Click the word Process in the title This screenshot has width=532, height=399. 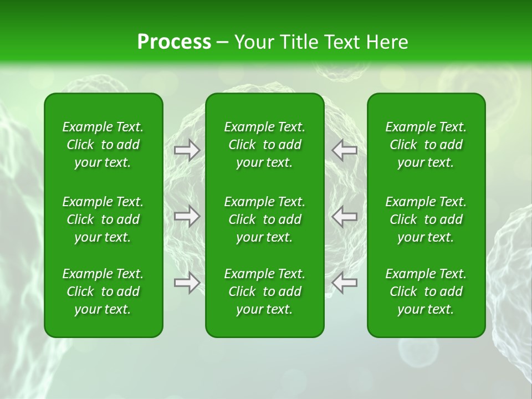click(174, 42)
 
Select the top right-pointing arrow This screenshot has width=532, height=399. click(187, 150)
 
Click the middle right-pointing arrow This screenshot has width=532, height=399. click(187, 216)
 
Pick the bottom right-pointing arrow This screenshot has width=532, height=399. click(187, 283)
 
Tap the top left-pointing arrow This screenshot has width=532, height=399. click(345, 150)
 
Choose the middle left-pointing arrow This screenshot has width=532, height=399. click(345, 216)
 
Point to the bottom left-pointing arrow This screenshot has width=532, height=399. click(345, 283)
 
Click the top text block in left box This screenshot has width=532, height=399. click(103, 145)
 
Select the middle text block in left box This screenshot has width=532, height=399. click(103, 219)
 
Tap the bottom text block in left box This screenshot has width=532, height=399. click(103, 291)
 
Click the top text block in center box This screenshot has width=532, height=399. click(264, 145)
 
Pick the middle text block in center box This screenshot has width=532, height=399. click(264, 219)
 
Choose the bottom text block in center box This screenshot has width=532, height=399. click(264, 291)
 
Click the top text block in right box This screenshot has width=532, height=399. click(426, 145)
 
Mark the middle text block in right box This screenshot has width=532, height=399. click(426, 219)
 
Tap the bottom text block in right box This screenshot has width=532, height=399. click(426, 291)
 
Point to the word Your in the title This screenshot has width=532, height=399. click(254, 42)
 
